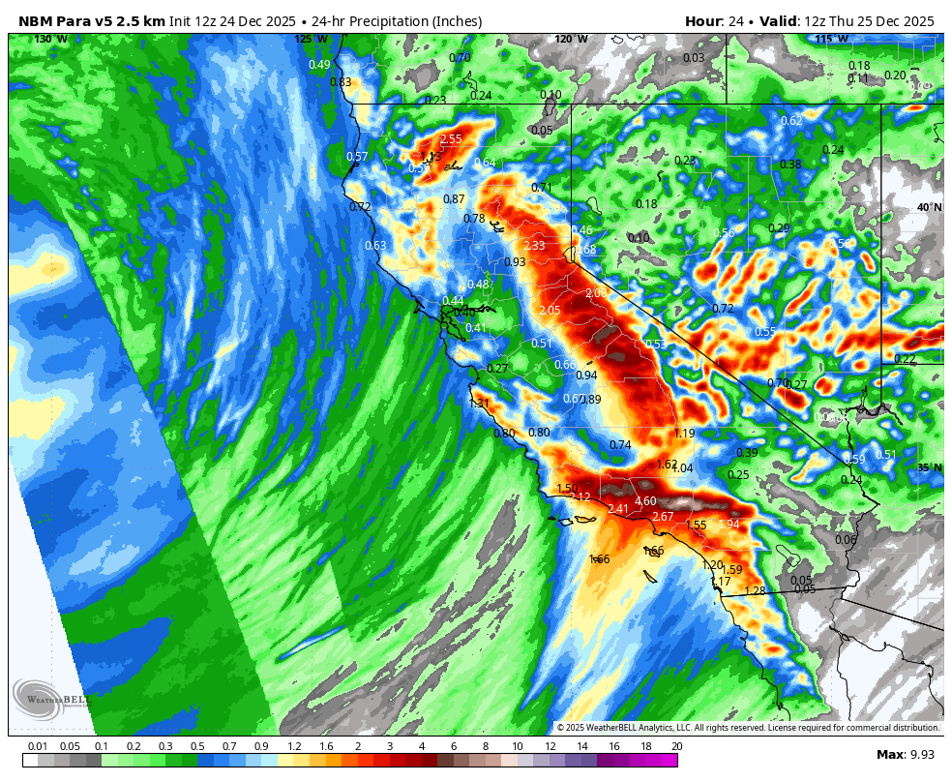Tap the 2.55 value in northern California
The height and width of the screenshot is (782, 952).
pos(451,139)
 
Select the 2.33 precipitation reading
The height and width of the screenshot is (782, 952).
pos(534,246)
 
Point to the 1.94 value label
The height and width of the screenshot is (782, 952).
pos(729,525)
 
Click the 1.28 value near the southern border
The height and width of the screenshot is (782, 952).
pos(755,590)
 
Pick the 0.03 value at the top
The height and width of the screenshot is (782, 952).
pos(694,58)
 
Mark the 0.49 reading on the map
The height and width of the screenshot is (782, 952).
pos(319,65)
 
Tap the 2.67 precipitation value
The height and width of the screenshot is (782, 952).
pos(663,517)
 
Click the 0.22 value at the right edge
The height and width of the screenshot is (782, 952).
pos(905,359)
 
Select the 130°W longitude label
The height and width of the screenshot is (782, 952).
pos(50,40)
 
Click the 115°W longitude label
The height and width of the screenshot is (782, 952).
pos(831,40)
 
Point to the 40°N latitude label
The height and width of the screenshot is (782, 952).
pos(930,207)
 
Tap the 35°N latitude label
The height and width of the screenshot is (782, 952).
pos(930,467)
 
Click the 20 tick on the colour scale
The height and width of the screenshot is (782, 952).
pos(675,746)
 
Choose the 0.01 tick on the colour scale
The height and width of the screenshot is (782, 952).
pos(39,746)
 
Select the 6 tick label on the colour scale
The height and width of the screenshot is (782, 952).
pos(454,746)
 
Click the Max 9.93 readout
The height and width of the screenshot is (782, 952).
pos(907,755)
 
